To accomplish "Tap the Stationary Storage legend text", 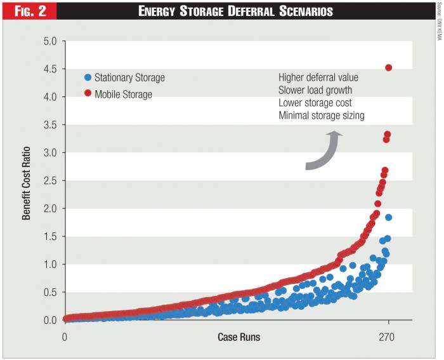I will click(129, 77).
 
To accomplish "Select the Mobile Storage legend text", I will click(123, 95).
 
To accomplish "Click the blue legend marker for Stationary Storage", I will click(88, 77).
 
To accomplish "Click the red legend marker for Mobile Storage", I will click(88, 95).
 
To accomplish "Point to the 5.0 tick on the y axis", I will click(49, 41).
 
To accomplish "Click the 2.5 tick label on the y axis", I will click(49, 181).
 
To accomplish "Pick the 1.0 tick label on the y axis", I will click(49, 264).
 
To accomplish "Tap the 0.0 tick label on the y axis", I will click(49, 320).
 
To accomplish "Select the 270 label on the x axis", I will click(386, 337).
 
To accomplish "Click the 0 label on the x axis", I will click(65, 337).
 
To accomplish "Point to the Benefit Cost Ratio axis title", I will click(27, 181).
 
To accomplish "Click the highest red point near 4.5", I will click(389, 67).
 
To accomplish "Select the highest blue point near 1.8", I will click(388, 217).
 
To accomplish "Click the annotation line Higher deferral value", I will click(318, 77).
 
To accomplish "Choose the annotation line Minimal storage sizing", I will click(322, 116).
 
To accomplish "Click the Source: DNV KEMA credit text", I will click(438, 22).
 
